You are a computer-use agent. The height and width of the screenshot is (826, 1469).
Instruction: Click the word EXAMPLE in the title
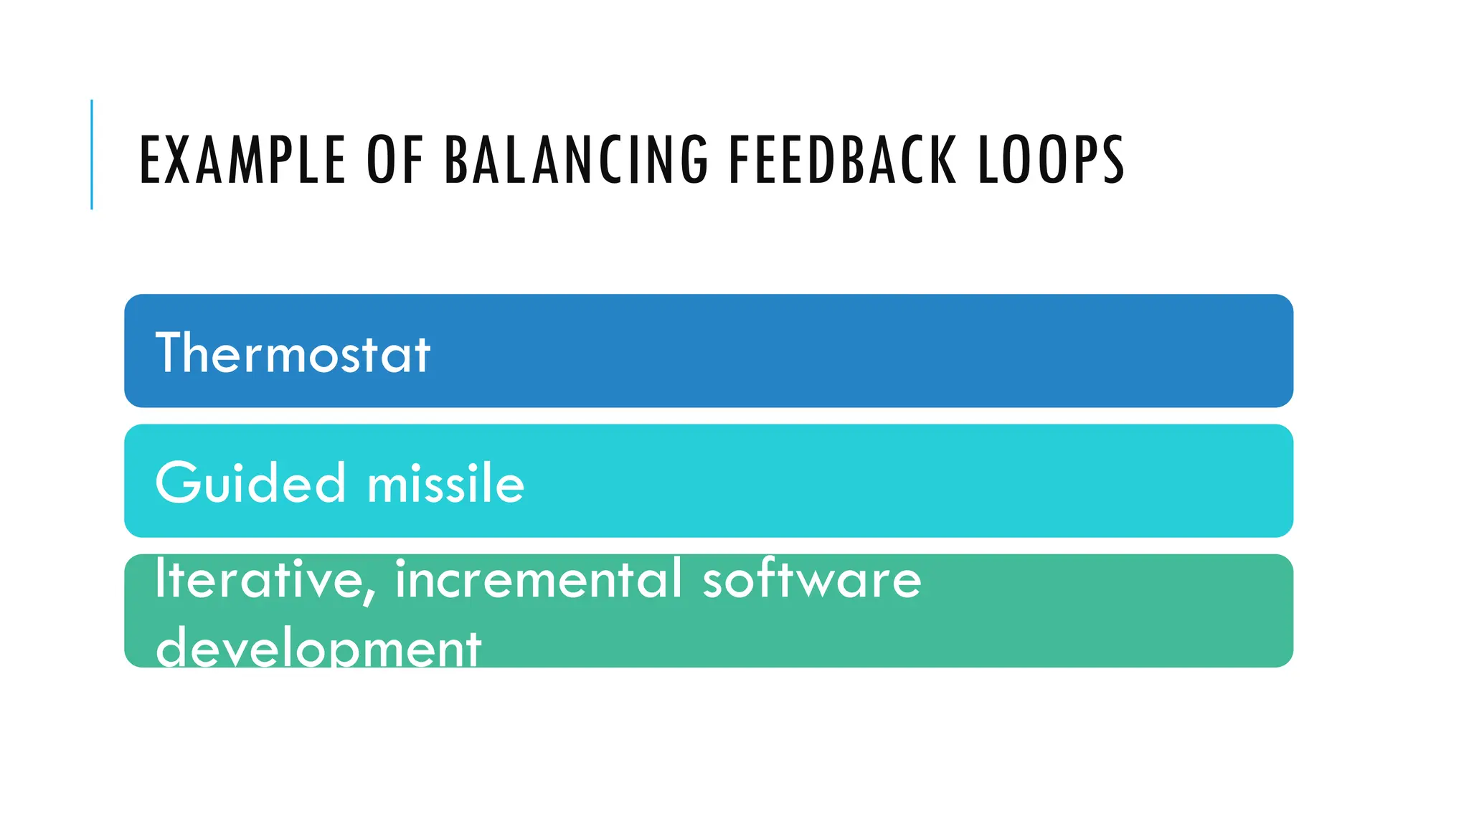(242, 160)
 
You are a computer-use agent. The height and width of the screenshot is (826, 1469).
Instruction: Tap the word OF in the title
(395, 160)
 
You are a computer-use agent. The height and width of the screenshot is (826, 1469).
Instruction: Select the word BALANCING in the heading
(577, 160)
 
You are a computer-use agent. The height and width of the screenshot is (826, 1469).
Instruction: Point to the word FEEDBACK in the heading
(842, 160)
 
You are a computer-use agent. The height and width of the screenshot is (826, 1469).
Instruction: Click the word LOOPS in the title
(1051, 160)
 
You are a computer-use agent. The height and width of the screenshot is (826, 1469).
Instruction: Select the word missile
(445, 483)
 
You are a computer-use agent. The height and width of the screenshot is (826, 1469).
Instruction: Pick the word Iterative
(262, 579)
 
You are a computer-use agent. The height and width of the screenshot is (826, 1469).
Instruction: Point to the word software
(811, 579)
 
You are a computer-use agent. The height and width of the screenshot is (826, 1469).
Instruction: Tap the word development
(318, 647)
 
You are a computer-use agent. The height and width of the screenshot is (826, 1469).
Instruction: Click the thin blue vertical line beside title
(92, 154)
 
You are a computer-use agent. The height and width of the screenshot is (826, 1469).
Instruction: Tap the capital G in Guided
(176, 483)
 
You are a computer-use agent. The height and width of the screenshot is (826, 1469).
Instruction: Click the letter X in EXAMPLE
(181, 160)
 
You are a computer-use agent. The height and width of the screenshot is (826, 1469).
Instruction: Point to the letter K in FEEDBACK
(945, 160)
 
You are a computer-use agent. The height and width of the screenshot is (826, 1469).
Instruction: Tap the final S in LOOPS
(1113, 160)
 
